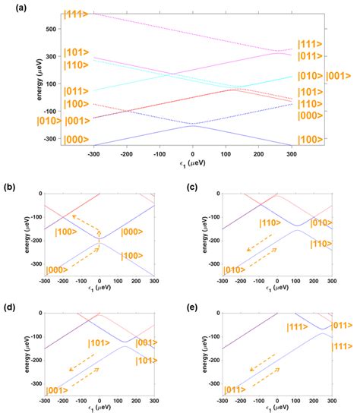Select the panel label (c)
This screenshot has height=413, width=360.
point(190,187)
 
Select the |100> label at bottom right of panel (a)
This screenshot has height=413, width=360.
point(312,140)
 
